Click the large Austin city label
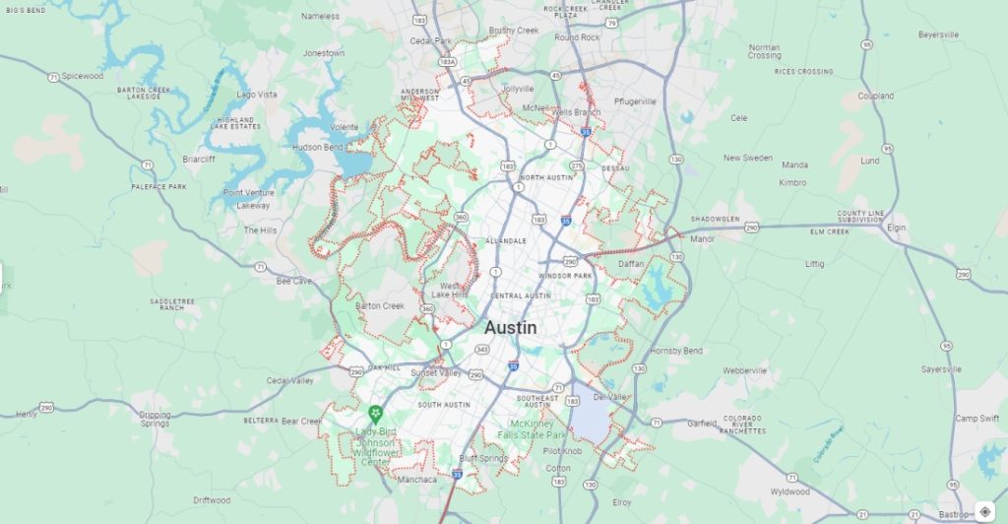[511, 328]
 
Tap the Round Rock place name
[577, 37]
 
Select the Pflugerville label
[634, 101]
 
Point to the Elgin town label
[896, 227]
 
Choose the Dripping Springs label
[155, 419]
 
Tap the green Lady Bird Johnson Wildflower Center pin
[374, 413]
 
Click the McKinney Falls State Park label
[531, 428]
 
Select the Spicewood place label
[82, 76]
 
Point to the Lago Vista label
[257, 95]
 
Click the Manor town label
[702, 238]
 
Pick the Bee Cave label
[293, 281]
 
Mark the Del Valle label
[609, 397]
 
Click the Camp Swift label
[976, 419]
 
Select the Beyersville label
[938, 34]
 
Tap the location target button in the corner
[985, 511]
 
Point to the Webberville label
[744, 370]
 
